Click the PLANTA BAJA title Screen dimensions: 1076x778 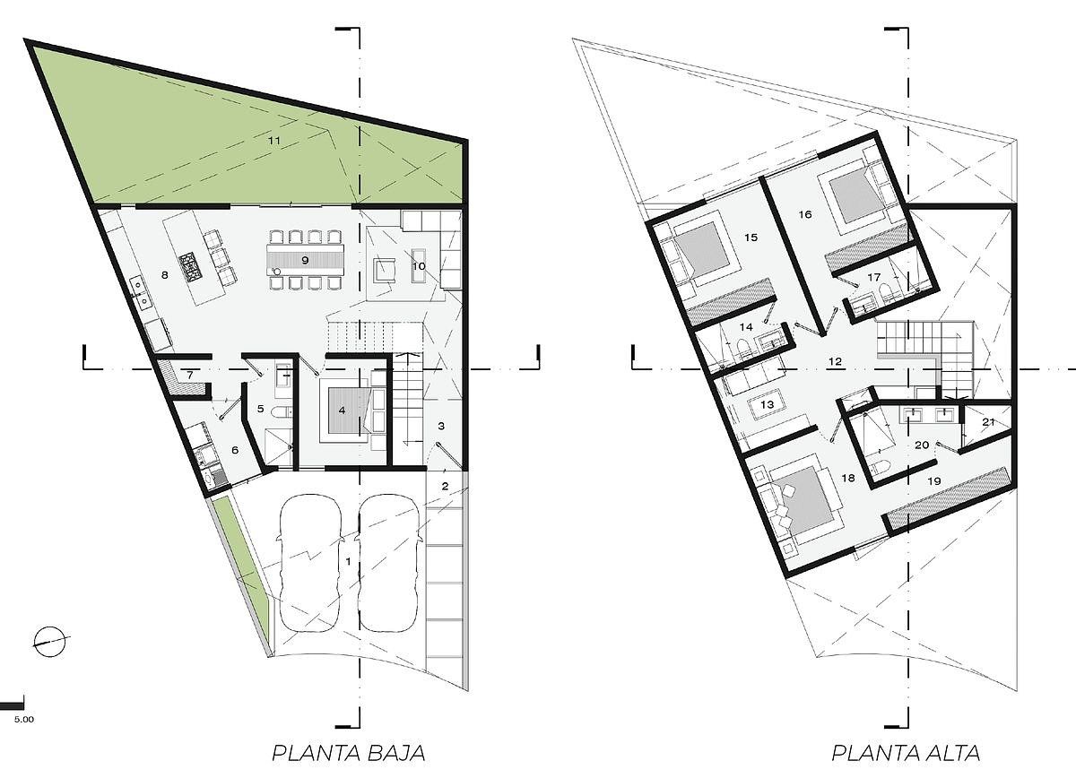coord(348,753)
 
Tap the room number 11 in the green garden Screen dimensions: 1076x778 coord(273,141)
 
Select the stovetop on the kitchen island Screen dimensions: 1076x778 coord(192,267)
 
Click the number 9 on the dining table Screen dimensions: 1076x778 coord(305,260)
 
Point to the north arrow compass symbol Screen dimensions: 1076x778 coord(51,642)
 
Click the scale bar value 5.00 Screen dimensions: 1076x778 coord(24,720)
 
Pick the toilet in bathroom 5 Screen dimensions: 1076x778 coord(280,412)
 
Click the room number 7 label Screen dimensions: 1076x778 coord(190,375)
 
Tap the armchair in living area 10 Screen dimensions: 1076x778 coord(386,270)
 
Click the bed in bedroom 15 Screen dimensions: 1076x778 coord(703,255)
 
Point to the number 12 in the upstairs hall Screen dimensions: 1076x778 coord(836,361)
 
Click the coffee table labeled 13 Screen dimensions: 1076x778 coord(767,404)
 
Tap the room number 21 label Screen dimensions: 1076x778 coord(988,422)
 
